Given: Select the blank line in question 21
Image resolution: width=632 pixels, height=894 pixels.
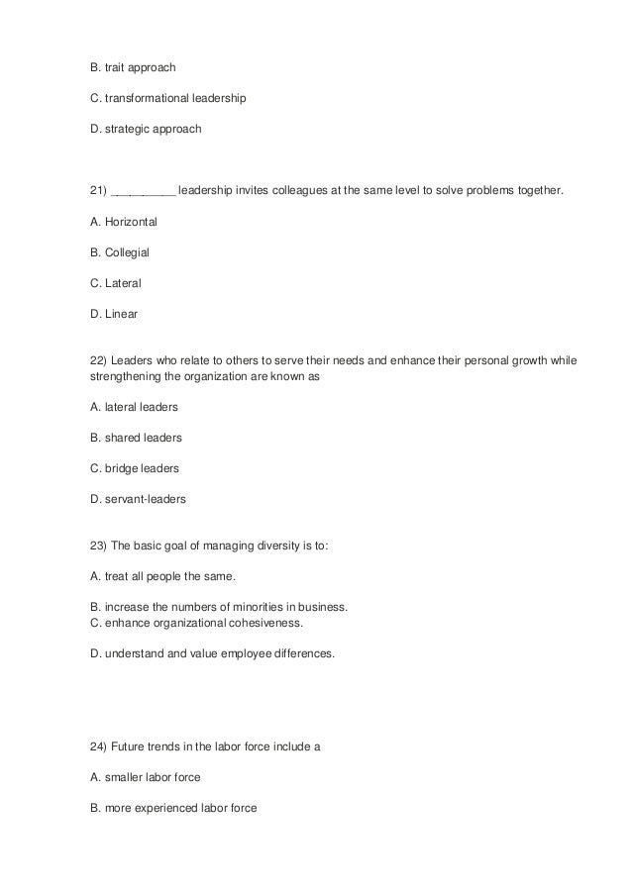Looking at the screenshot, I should click(145, 192).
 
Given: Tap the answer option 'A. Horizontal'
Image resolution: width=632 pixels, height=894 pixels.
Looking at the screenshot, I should click(124, 221).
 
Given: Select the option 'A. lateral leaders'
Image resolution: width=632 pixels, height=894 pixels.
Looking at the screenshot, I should click(135, 407).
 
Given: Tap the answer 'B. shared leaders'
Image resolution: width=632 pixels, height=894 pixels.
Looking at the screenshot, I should click(136, 438).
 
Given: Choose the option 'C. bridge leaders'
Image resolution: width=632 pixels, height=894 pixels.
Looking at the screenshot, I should click(135, 468).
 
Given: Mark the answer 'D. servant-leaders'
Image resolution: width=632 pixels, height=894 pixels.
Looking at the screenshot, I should click(138, 500).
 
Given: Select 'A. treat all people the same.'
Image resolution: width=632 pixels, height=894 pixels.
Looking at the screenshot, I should click(163, 576).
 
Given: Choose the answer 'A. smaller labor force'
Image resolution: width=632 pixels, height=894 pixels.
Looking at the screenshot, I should click(146, 777).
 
